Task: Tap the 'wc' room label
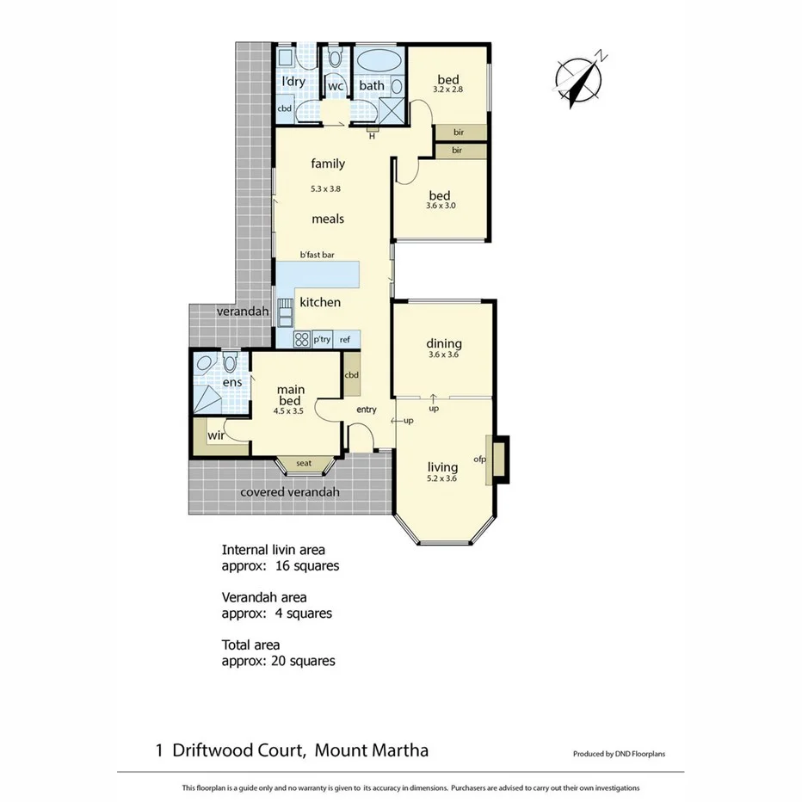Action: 336,86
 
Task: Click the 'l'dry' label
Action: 293,82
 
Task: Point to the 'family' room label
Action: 328,163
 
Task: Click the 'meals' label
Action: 328,219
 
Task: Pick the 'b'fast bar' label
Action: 317,255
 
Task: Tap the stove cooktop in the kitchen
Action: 302,339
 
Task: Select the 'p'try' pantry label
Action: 323,340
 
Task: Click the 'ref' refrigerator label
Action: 345,340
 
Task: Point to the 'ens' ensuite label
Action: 232,382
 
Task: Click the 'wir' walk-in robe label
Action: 215,435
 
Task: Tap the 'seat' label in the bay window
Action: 304,464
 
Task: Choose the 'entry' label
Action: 366,410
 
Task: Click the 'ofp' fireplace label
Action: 480,459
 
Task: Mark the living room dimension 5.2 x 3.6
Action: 444,479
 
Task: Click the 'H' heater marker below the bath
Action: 372,135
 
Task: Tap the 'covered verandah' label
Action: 290,492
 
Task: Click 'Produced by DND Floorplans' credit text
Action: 619,754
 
